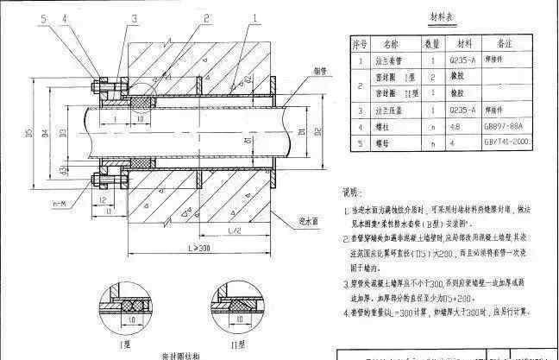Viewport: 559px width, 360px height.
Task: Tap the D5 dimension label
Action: pos(28,133)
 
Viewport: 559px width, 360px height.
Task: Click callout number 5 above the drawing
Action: pos(19,16)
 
